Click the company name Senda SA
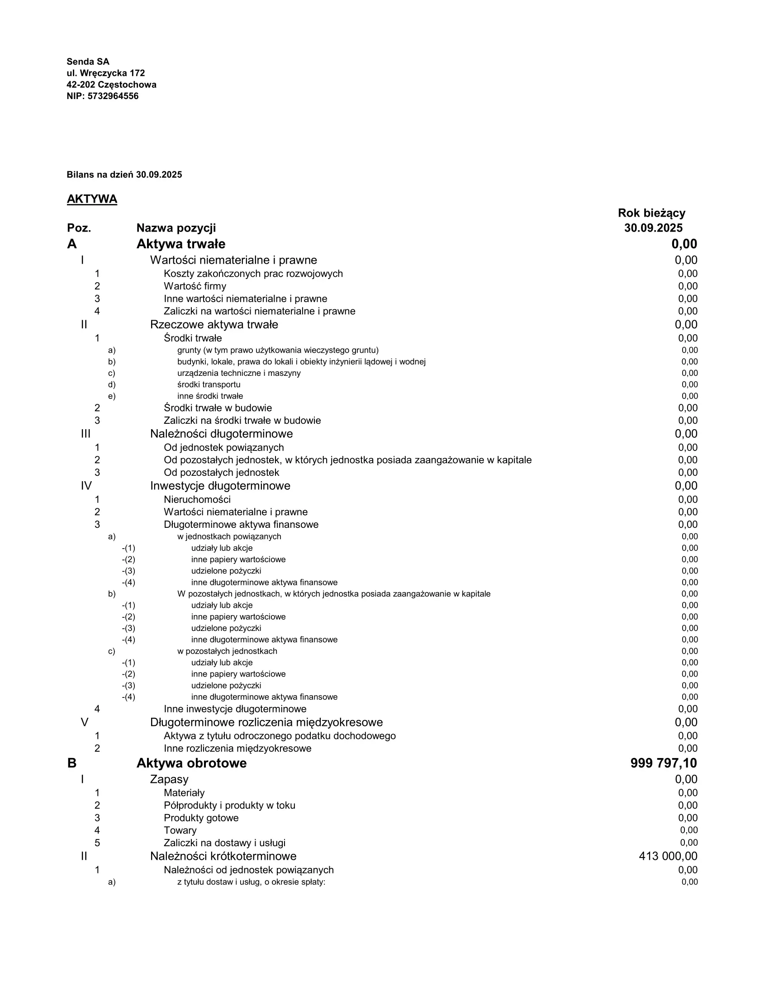click(88, 62)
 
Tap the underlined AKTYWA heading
click(92, 199)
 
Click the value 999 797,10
click(663, 763)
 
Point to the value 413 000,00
click(668, 856)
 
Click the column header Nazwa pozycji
click(176, 228)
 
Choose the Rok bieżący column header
click(651, 213)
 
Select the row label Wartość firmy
click(195, 286)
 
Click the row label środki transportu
click(209, 384)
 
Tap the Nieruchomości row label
click(197, 499)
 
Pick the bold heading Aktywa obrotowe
click(191, 763)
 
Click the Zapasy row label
click(169, 779)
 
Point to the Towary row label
click(180, 830)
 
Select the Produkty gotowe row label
click(201, 818)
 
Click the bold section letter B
click(72, 763)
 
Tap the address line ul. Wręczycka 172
click(106, 73)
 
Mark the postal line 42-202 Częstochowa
click(112, 85)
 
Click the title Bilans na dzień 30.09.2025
click(124, 175)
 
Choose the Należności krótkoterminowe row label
click(223, 856)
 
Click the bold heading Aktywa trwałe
click(181, 244)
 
